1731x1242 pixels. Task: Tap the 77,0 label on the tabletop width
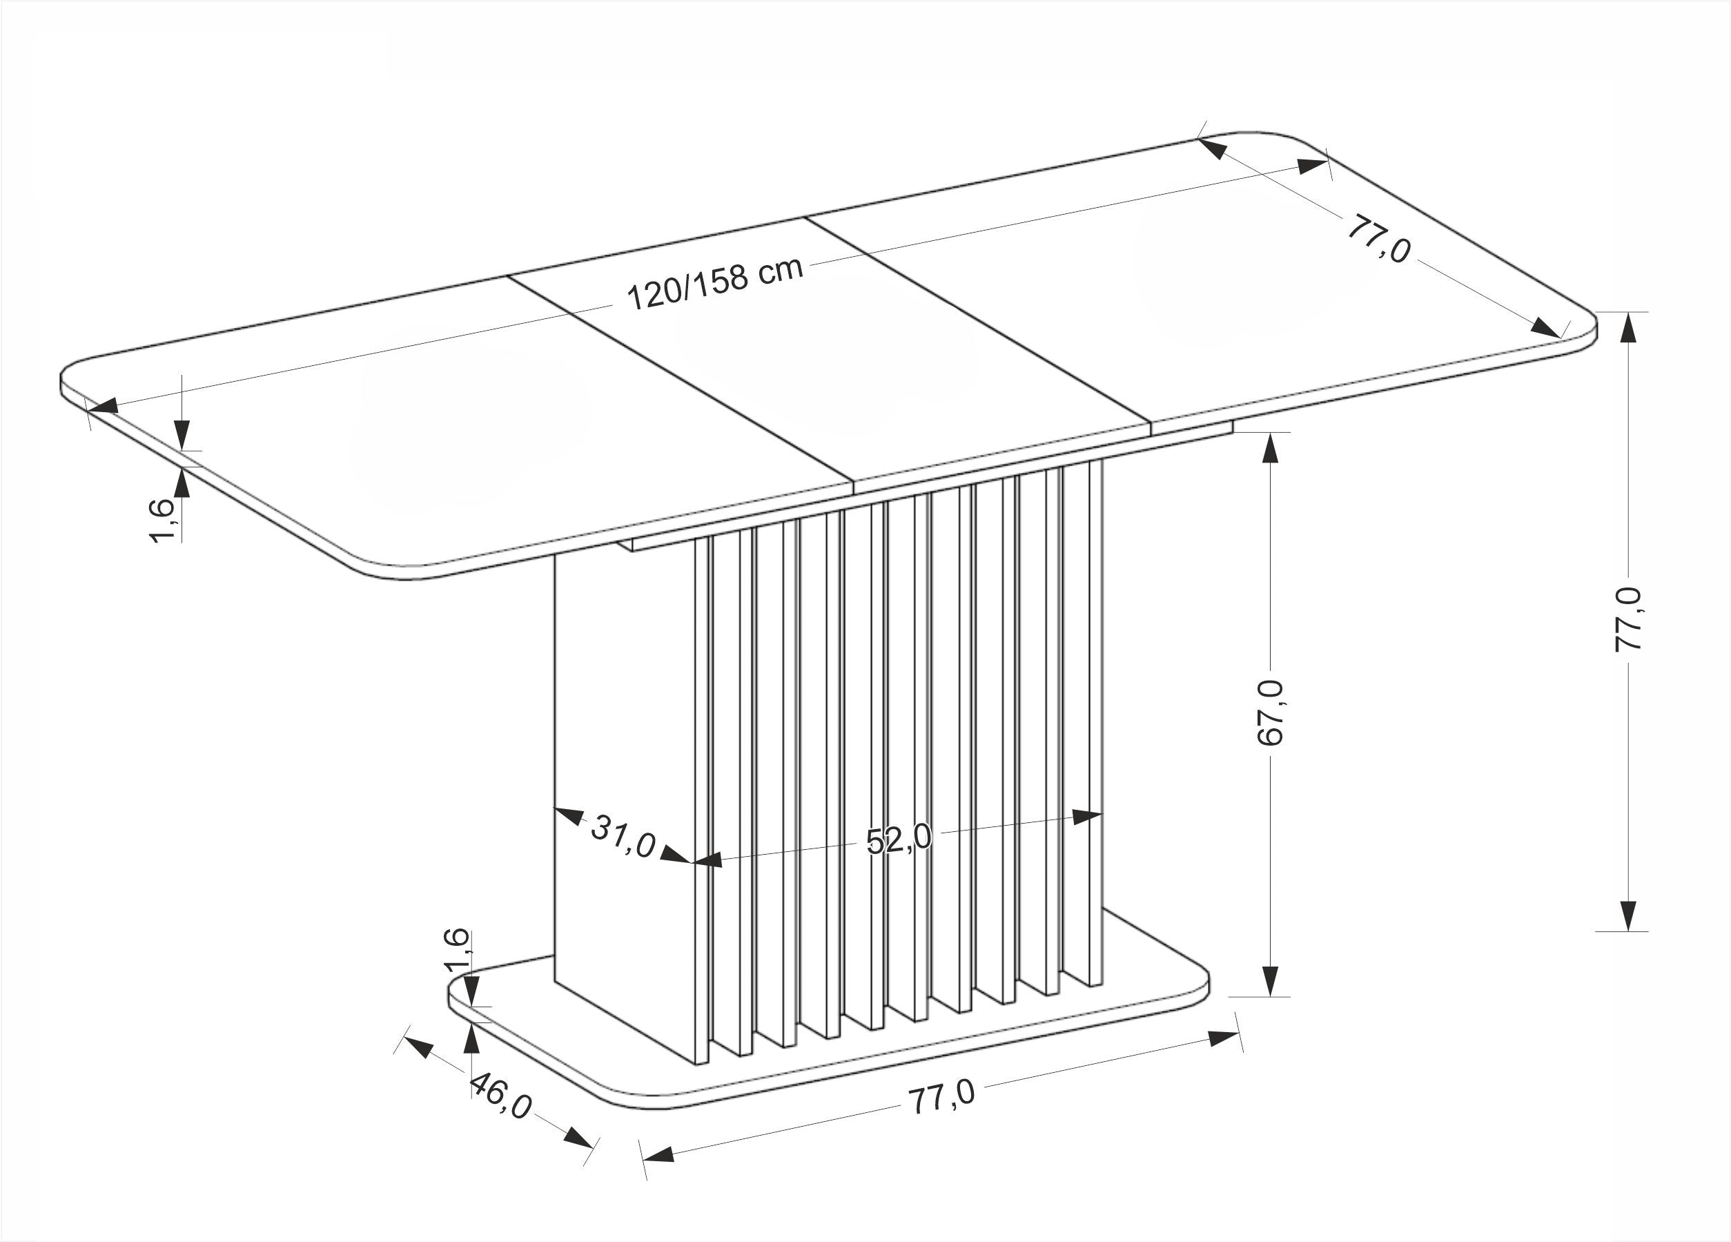coord(1378,239)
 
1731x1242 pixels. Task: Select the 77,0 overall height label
coord(1628,619)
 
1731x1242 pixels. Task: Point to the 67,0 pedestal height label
coord(1270,712)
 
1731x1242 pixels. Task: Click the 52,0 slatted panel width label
coord(899,839)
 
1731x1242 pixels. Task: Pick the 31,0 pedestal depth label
coord(623,836)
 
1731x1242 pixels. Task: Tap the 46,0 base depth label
coord(500,1096)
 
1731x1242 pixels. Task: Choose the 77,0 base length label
coord(941,1097)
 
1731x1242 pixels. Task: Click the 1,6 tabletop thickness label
coord(162,521)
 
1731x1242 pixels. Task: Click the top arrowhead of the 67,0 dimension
coord(1270,448)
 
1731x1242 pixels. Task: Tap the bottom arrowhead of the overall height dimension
coord(1629,915)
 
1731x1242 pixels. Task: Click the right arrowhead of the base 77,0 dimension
coord(1224,1038)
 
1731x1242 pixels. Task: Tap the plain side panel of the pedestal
coord(625,802)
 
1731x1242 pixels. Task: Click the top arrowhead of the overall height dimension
coord(1629,328)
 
